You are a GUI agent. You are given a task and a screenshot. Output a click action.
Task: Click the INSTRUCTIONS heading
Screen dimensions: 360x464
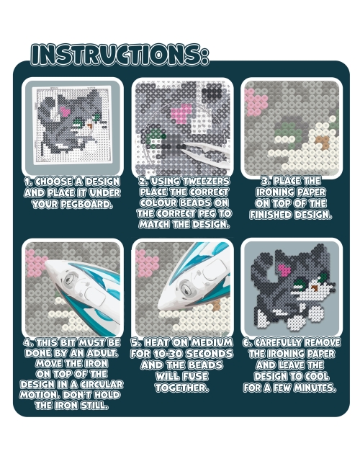[x=120, y=55]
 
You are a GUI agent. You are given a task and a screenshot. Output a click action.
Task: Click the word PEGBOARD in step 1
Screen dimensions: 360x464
[x=91, y=204]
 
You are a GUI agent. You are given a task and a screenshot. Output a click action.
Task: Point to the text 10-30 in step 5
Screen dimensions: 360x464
[x=166, y=354]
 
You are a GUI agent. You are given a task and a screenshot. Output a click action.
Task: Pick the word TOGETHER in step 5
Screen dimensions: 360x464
[x=182, y=388]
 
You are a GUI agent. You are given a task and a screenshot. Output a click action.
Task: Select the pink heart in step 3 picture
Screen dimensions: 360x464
[x=256, y=102]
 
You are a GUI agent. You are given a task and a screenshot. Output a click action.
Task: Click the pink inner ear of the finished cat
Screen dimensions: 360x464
[x=284, y=270]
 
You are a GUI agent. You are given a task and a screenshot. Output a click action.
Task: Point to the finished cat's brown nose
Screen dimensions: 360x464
[x=315, y=288]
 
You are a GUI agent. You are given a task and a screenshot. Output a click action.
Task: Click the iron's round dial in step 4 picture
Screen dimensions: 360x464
[x=70, y=279]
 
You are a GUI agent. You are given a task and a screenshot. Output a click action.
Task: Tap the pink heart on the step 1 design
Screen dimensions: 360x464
[x=65, y=112]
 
